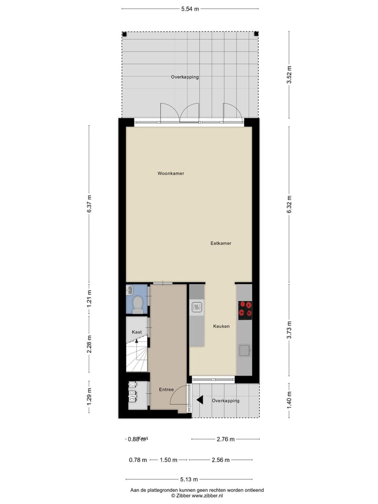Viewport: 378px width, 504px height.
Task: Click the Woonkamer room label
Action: [x=171, y=173]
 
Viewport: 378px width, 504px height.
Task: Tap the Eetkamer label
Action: [x=221, y=243]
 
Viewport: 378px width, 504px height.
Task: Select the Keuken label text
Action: [x=221, y=327]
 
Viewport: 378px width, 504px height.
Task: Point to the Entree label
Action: [x=166, y=390]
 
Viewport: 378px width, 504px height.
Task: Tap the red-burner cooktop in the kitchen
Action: [x=245, y=310]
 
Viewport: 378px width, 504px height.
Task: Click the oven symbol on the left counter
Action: [x=197, y=307]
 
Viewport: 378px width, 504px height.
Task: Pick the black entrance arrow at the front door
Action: [x=199, y=400]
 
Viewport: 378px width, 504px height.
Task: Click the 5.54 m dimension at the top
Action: [x=190, y=9]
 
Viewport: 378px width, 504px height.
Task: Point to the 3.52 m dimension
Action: [x=289, y=75]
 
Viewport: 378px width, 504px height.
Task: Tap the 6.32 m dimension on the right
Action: [x=289, y=204]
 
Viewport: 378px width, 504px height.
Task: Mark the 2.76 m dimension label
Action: [x=225, y=439]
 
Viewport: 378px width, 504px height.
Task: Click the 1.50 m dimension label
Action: [x=168, y=460]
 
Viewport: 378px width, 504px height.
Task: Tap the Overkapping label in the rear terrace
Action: [x=185, y=77]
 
